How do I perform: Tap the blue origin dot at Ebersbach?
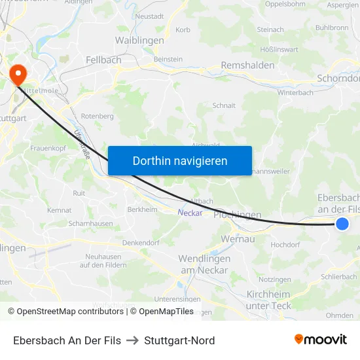coord(342,224)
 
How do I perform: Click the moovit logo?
coord(321,339)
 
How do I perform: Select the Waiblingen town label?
coord(139,40)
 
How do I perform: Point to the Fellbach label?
coord(103,60)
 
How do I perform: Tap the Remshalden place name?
coord(247,65)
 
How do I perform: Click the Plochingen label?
coord(238,215)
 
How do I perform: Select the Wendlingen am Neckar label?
coord(204,264)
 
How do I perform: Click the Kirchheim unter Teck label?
coord(268,300)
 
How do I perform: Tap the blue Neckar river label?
coord(190,212)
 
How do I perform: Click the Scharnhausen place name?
coord(90,223)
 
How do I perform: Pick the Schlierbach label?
coord(340,276)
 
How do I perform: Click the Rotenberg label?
coord(98,116)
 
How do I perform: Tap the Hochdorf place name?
coord(285,244)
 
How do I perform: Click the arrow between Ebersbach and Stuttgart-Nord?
coord(132,340)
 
